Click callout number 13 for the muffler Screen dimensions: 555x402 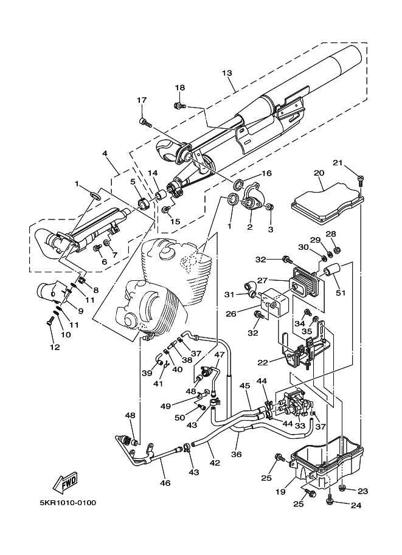pyautogui.click(x=227, y=74)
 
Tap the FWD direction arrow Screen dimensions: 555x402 pyautogui.click(x=64, y=481)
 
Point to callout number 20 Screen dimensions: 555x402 pyautogui.click(x=319, y=173)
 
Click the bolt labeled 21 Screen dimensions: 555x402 pyautogui.click(x=361, y=180)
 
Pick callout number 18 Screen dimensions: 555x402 pyautogui.click(x=180, y=88)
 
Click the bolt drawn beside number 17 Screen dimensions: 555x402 pyautogui.click(x=145, y=123)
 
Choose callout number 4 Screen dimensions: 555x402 pyautogui.click(x=106, y=155)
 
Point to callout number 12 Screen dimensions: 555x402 pyautogui.click(x=55, y=347)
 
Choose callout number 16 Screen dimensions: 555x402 pyautogui.click(x=266, y=173)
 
